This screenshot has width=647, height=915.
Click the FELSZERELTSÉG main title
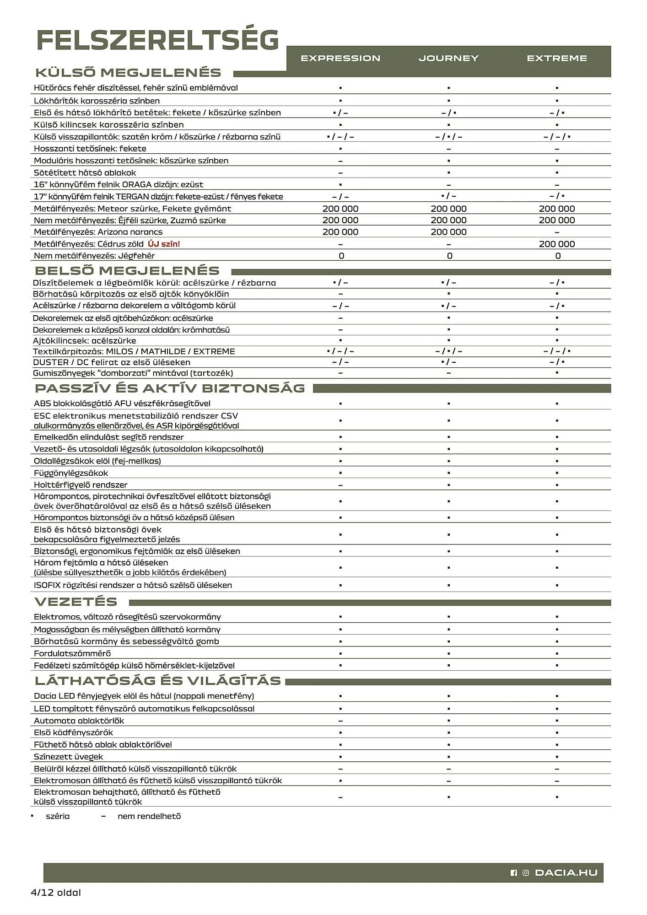click(157, 40)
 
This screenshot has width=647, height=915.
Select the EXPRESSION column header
click(340, 58)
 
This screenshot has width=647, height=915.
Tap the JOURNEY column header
click(448, 58)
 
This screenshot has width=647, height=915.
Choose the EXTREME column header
click(557, 58)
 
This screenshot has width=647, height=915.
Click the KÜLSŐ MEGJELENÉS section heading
click(128, 73)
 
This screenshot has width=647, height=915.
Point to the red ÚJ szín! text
click(164, 244)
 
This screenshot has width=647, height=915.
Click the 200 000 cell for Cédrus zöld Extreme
click(557, 244)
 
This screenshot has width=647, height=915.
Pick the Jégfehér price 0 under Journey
click(449, 256)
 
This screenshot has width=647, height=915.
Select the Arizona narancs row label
click(98, 232)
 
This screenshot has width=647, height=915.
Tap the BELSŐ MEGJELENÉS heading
click(127, 271)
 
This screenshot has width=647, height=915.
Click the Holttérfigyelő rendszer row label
click(81, 484)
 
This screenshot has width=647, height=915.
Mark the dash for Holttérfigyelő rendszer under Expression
click(340, 485)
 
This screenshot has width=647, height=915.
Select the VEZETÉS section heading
click(76, 602)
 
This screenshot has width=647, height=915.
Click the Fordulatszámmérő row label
click(72, 653)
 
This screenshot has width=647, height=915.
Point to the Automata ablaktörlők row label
click(79, 721)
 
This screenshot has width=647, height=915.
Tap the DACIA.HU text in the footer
click(566, 873)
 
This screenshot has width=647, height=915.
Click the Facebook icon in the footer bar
click(514, 873)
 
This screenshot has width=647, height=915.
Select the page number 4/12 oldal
click(55, 892)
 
